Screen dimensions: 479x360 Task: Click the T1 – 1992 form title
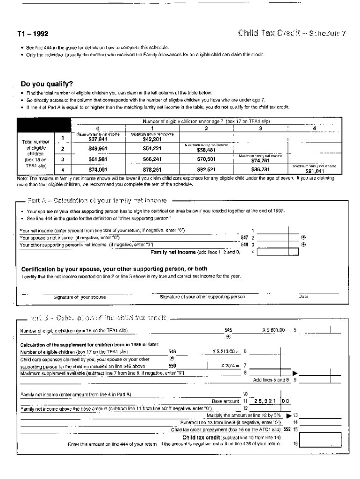(33, 34)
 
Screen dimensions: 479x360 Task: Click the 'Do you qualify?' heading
(47, 84)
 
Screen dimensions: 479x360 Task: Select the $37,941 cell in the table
(98, 139)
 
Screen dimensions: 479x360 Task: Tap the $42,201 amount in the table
(151, 139)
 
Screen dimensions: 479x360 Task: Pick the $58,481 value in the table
(206, 150)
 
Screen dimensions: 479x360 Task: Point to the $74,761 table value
(259, 160)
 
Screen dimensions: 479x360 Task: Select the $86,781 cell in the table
(259, 169)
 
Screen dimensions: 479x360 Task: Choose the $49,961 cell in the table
(98, 149)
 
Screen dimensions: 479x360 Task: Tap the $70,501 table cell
(206, 160)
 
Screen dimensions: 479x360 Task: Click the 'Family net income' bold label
(173, 252)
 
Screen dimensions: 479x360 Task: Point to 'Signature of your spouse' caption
(79, 297)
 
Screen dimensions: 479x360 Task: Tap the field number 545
(228, 330)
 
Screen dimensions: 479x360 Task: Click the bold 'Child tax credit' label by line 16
(201, 437)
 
